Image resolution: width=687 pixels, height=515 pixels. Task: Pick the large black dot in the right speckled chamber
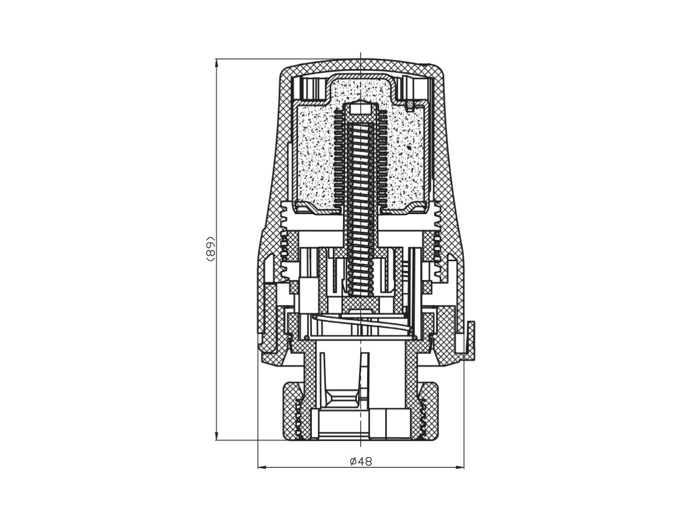tap(408, 146)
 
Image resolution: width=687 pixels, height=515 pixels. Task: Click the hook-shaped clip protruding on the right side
tap(469, 341)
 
